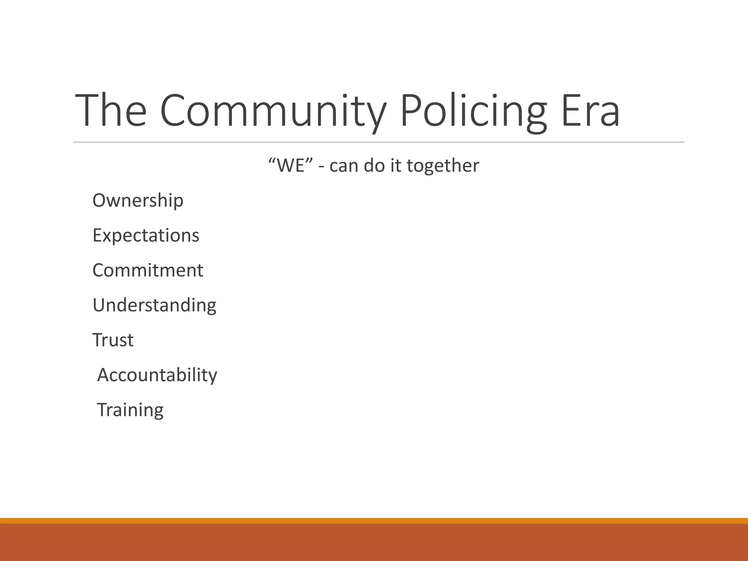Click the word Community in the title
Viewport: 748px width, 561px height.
[272, 110]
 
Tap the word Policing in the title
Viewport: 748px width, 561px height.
[473, 110]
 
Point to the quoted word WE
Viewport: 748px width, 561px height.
[291, 165]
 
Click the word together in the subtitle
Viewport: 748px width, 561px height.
[443, 166]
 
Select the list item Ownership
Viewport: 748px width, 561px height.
[138, 201]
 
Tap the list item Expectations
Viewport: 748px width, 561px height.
[146, 235]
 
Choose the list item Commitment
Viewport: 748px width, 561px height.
[148, 270]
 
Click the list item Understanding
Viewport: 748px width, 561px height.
[154, 305]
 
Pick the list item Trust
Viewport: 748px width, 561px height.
[113, 340]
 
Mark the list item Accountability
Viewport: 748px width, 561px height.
[157, 375]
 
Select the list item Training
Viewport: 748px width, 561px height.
[130, 410]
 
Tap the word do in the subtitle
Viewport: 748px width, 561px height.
[374, 165]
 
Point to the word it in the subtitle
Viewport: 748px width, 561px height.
[396, 165]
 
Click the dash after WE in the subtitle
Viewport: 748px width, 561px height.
[321, 167]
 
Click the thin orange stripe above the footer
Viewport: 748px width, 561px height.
[374, 520]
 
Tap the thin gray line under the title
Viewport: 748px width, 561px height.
[378, 142]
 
